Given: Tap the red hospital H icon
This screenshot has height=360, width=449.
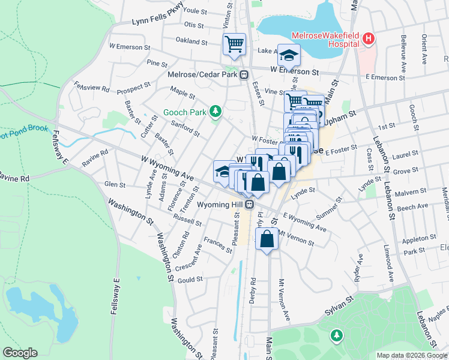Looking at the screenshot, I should click(x=369, y=40).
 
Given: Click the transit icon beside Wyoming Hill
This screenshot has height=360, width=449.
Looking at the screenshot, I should click(x=249, y=205).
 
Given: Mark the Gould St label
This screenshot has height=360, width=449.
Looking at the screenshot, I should click(x=191, y=280).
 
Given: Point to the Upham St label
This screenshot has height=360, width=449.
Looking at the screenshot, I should click(x=343, y=113).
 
